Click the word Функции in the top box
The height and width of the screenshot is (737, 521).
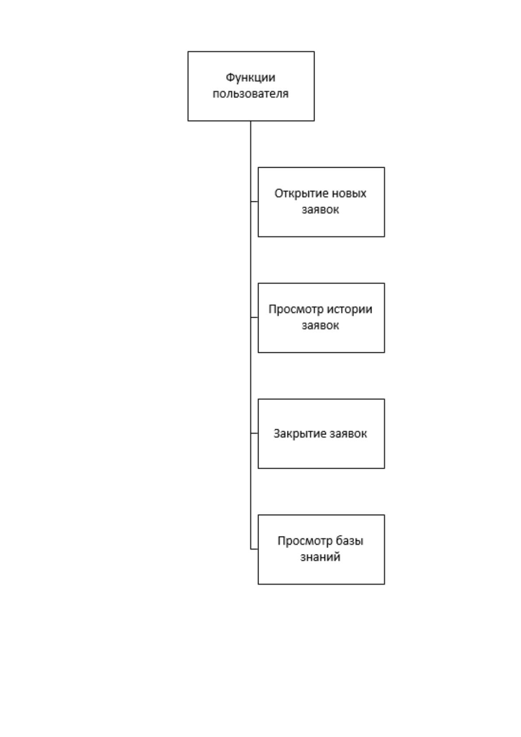[x=251, y=78]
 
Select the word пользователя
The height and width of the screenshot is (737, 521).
[x=251, y=94]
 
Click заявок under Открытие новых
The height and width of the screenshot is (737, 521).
[x=320, y=210]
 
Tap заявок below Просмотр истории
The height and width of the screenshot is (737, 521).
[x=320, y=326]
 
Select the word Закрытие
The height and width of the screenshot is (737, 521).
[x=299, y=433]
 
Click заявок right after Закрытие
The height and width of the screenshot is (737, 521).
[x=348, y=434]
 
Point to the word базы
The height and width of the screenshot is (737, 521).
[x=350, y=541]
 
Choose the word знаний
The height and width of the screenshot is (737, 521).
[x=320, y=557]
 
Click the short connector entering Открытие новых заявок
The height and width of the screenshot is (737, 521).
[x=254, y=201]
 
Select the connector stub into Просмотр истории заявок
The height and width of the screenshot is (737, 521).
[x=254, y=317]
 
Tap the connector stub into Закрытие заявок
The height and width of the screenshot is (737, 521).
[x=254, y=433]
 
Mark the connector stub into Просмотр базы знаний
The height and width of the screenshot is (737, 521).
[x=254, y=549]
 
